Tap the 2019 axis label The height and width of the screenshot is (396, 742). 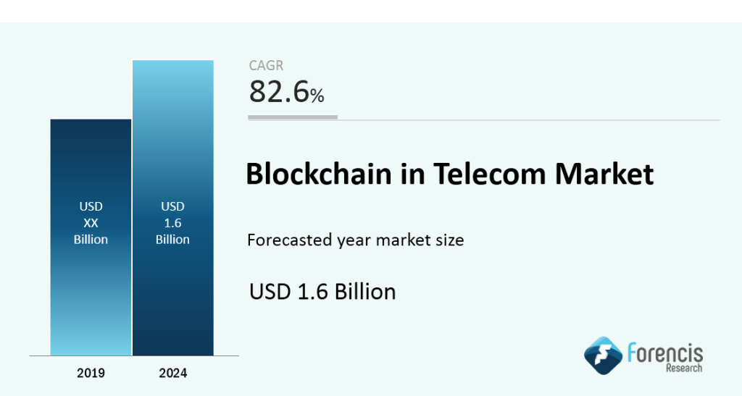tap(91, 374)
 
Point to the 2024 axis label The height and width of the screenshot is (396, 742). tap(172, 374)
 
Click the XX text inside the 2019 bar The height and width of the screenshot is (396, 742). tap(91, 223)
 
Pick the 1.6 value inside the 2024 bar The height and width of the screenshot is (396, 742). tap(172, 223)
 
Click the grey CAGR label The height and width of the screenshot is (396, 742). tap(267, 66)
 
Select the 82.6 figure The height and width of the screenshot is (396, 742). tap(278, 92)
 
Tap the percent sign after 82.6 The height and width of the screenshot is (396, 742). tap(317, 95)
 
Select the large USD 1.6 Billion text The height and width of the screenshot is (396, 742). tap(322, 291)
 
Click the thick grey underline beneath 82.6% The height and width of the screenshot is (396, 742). tap(293, 117)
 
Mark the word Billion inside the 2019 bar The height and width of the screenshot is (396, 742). tap(91, 240)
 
